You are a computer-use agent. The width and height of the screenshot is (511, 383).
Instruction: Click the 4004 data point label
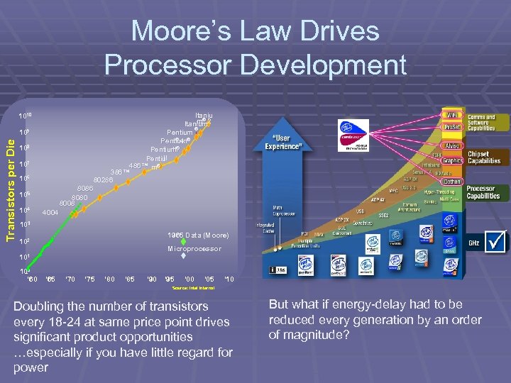point(50,212)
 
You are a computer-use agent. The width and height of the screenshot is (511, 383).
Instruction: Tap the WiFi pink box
point(450,115)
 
